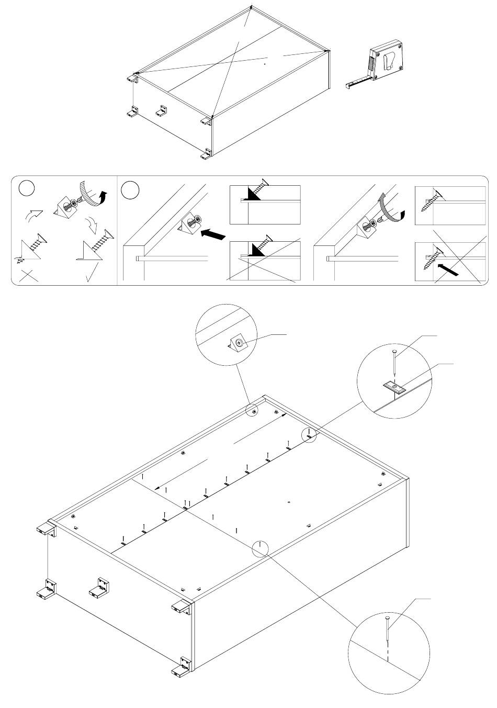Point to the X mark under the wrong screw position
pos(29,276)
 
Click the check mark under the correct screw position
pos(91,274)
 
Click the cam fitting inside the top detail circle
pos(238,343)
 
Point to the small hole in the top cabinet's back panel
pos(265,64)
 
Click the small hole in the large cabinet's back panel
pos(289,502)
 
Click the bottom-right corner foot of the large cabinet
pos(183,665)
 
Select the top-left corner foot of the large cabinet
pos(46,529)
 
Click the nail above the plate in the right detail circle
pos(394,361)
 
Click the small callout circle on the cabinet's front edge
pos(259,548)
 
